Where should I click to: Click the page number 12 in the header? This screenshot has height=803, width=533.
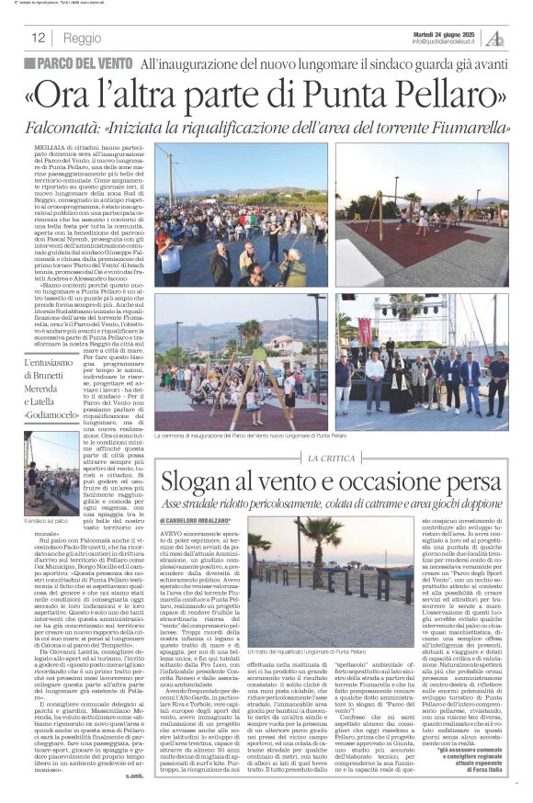(39, 39)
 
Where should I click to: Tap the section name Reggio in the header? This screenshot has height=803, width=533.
(83, 39)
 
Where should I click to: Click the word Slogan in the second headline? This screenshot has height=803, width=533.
(199, 481)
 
